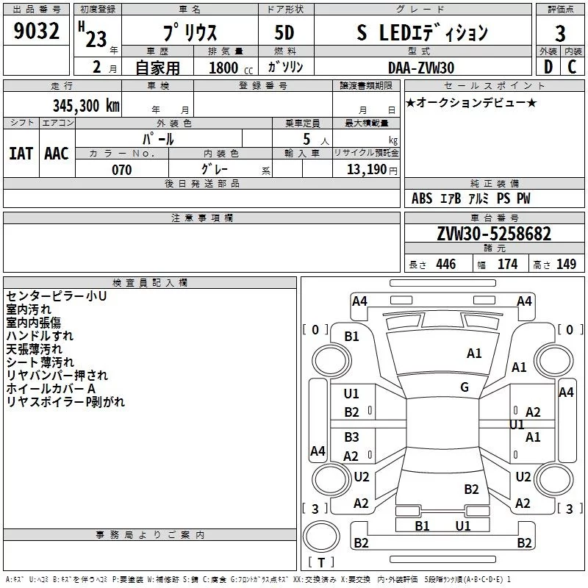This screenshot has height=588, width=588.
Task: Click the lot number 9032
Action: tap(37, 32)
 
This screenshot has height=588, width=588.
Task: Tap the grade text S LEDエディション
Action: tap(422, 34)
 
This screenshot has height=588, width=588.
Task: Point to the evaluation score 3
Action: tap(560, 34)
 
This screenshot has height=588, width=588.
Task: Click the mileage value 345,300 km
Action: tap(86, 105)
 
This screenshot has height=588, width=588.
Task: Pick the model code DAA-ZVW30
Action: tap(421, 68)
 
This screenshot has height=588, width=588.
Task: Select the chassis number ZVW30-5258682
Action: tap(493, 234)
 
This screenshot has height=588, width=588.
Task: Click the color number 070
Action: tap(121, 171)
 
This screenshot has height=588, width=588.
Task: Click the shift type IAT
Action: tap(21, 154)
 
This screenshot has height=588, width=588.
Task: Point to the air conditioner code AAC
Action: tap(57, 154)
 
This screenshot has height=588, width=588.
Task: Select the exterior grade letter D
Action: tap(548, 68)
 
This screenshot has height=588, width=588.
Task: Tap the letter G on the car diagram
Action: tap(465, 387)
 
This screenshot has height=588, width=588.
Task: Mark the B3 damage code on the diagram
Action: tap(352, 437)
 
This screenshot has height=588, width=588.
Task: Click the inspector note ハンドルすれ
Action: tap(34, 336)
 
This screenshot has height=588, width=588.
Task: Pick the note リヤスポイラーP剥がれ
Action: tap(65, 402)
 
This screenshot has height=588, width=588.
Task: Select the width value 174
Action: tap(507, 265)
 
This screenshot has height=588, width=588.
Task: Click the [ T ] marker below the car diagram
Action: tap(321, 562)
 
